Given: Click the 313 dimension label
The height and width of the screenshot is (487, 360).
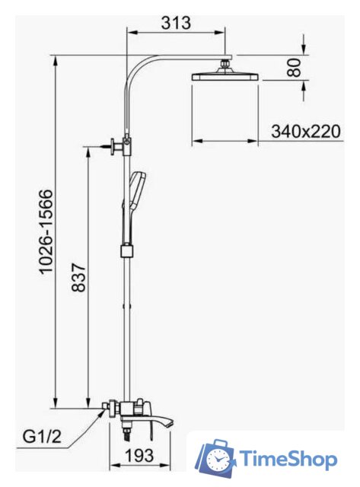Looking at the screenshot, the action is [176, 23].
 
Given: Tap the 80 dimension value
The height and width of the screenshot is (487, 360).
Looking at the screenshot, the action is [294, 68].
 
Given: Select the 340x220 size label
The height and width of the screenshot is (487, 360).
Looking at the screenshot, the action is [306, 132].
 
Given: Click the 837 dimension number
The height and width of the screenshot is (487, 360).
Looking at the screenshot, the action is [78, 277].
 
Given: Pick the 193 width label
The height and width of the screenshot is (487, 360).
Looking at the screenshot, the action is [139, 455].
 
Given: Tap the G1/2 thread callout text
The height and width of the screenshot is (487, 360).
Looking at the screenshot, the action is [43, 437].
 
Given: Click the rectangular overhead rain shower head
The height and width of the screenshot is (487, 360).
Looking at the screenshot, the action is [225, 77].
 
